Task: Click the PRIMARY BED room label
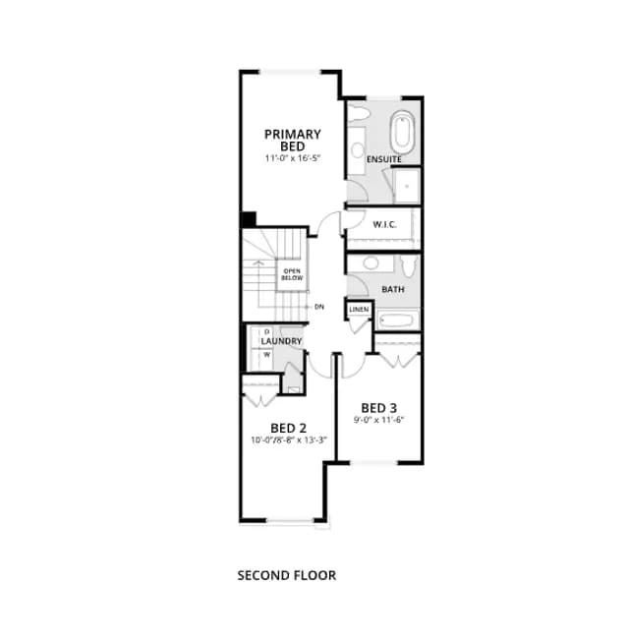pos(292,141)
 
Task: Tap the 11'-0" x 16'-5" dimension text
pos(292,158)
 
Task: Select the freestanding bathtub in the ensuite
pos(402,132)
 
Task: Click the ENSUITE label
pos(384,159)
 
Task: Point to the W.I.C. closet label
pos(384,224)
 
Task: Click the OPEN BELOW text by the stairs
pos(292,274)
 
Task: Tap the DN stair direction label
pos(319,307)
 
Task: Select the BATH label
pos(393,289)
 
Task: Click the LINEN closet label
pos(359,309)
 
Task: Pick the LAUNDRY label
pos(281,341)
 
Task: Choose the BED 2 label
pos(288,428)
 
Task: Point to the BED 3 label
pos(379,408)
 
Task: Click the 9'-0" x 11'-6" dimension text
pos(379,420)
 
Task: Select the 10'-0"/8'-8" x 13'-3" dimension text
pos(289,440)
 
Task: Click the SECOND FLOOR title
pos(287,575)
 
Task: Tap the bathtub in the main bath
pos(398,319)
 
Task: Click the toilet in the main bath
pos(408,264)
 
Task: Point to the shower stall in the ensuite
pos(406,186)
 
